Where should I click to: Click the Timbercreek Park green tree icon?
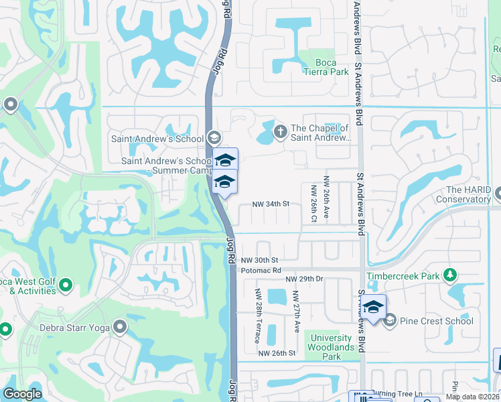(x=451, y=275)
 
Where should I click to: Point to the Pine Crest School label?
(x=437, y=321)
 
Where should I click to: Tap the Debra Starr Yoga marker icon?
(x=120, y=327)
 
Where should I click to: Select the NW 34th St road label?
(x=270, y=204)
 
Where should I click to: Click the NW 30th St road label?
(x=259, y=260)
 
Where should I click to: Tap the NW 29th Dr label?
(x=304, y=278)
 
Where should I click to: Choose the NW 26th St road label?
(x=277, y=353)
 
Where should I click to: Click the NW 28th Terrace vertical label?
(x=258, y=316)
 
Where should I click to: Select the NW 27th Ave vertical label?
(x=297, y=313)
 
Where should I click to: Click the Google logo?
(x=23, y=394)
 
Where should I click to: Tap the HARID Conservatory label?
(x=464, y=194)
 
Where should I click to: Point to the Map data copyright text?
(x=472, y=397)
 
